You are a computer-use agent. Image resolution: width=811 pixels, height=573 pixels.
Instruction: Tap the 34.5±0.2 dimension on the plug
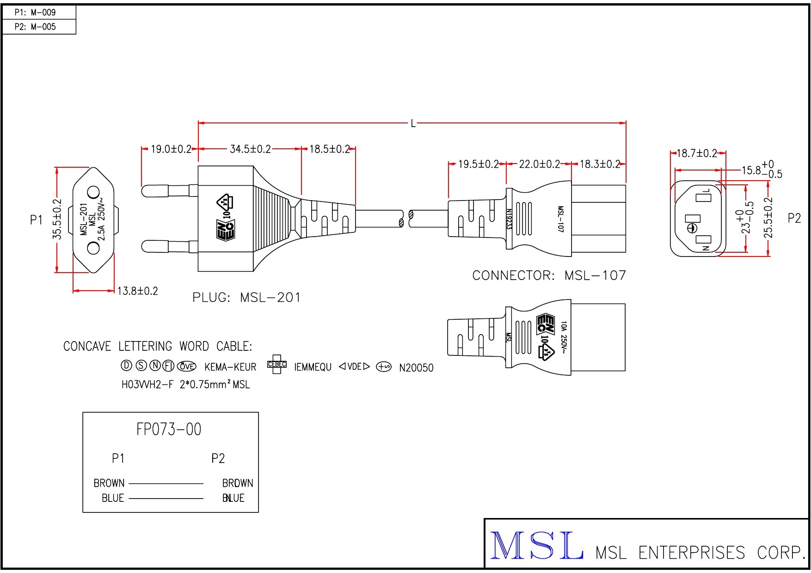click(x=250, y=149)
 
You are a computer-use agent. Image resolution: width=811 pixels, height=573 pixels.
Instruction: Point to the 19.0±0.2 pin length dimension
click(x=171, y=149)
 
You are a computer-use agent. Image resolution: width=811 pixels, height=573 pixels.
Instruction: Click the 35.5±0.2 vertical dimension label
click(x=57, y=219)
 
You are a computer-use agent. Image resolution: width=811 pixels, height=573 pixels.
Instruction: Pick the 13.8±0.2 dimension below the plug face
click(x=137, y=291)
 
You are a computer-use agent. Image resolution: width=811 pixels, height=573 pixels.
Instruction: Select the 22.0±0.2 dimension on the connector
click(x=539, y=164)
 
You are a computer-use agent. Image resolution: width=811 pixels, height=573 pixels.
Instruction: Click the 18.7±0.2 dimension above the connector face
click(x=696, y=153)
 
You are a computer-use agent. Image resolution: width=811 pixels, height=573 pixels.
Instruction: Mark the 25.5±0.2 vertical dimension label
click(x=768, y=218)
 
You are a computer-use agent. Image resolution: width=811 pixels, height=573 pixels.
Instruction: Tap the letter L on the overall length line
click(x=413, y=123)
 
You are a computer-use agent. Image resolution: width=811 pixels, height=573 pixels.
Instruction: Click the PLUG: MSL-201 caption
click(x=246, y=298)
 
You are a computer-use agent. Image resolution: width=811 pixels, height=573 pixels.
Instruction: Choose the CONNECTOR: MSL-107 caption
click(x=549, y=275)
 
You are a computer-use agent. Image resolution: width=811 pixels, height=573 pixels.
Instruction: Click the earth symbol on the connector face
click(x=692, y=228)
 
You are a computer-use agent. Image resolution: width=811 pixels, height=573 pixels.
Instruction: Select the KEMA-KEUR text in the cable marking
click(x=230, y=367)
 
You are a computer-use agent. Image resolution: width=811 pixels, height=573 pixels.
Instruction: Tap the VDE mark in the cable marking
click(x=354, y=367)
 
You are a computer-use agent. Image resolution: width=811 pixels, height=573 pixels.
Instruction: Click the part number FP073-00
click(x=169, y=429)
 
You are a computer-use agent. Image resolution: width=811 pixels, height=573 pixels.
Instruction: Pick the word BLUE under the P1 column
click(x=113, y=498)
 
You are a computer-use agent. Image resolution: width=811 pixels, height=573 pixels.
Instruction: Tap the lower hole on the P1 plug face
click(x=93, y=248)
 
